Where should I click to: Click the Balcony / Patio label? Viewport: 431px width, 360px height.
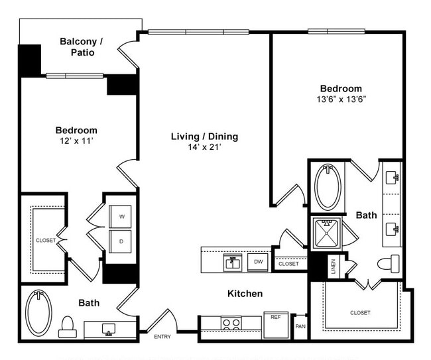82,46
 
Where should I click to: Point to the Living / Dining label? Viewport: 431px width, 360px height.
204,137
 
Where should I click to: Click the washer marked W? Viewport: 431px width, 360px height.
121,216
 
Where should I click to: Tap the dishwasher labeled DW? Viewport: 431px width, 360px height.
257,263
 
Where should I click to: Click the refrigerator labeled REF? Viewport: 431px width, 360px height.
275,317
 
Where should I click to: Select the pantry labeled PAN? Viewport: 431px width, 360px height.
300,326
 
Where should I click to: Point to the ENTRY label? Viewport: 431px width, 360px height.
162,337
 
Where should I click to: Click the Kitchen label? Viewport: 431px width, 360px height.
245,293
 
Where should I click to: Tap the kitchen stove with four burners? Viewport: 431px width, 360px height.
231,324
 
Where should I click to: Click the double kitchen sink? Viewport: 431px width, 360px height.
232,263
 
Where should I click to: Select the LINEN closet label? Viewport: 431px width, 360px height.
333,266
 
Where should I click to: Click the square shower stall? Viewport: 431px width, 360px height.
326,233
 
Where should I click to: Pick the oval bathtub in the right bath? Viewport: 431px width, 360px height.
328,187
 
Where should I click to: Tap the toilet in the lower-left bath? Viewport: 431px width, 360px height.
67,325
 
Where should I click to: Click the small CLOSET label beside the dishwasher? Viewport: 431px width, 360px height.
288,264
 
